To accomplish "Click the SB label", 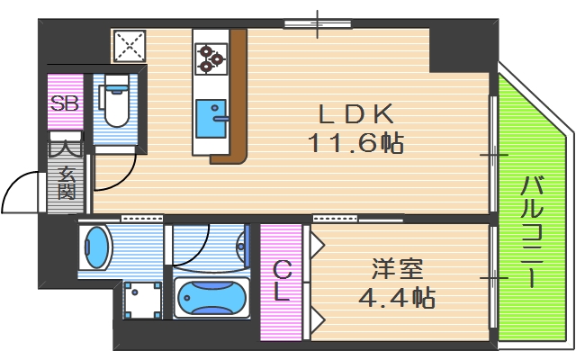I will (x=65, y=103).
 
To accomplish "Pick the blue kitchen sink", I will (x=211, y=119).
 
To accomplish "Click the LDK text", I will (x=355, y=114).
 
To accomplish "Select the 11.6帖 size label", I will (x=355, y=142).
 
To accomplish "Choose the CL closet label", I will (x=282, y=281).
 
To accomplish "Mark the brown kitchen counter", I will (x=236, y=99).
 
